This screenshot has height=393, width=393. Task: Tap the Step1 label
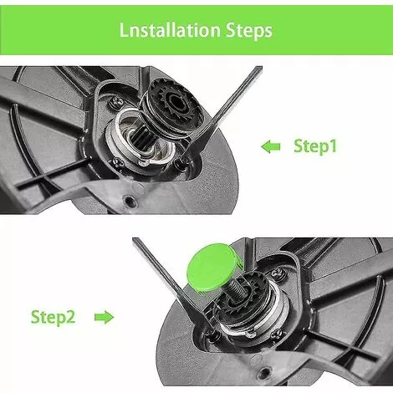pyautogui.click(x=314, y=146)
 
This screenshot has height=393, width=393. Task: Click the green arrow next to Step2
pyautogui.click(x=104, y=318)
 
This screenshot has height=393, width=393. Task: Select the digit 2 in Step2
pyautogui.click(x=74, y=318)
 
